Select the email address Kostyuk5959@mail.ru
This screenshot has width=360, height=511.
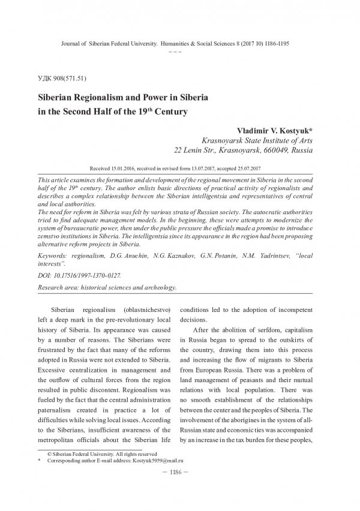(x=152, y=477)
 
